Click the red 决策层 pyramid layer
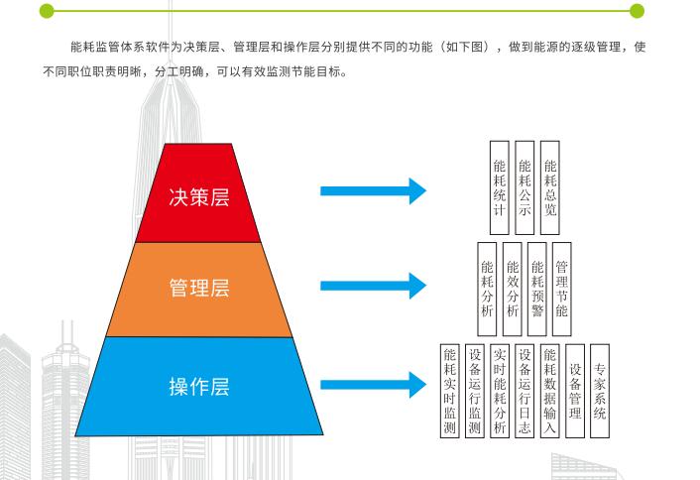198,195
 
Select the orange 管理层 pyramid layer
198,289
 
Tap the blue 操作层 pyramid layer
198,386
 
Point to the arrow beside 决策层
372,190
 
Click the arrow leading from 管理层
372,287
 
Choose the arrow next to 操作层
372,384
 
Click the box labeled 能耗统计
500,183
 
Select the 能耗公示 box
525,183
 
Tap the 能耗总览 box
551,183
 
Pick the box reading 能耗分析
487,283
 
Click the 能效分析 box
513,283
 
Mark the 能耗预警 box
537,283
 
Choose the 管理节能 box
562,283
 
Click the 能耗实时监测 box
450,391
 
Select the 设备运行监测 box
475,391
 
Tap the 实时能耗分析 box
500,391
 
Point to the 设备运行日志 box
525,391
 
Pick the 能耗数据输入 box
551,391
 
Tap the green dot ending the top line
637,11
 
